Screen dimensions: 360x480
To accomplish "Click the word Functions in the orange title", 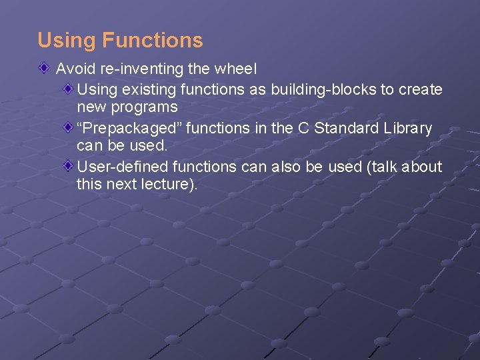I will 152,41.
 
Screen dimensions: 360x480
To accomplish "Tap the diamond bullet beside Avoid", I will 44,68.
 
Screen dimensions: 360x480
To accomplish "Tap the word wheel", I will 237,69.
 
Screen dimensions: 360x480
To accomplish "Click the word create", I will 420,89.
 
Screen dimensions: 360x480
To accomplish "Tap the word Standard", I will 343,128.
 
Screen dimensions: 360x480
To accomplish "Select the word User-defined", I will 122,167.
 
